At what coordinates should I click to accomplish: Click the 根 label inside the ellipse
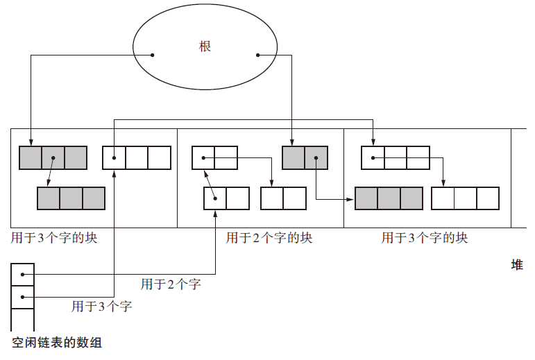tap(205, 47)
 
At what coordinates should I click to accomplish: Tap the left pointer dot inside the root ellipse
tap(152, 54)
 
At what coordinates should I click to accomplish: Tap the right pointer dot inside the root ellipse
tap(257, 54)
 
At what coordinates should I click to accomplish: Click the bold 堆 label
tap(516, 265)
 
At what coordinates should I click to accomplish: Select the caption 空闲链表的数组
tap(57, 342)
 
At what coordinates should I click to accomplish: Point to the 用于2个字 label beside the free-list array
tap(171, 284)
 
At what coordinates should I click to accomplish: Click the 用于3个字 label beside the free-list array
tap(102, 306)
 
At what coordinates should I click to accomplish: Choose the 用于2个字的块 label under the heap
tap(269, 238)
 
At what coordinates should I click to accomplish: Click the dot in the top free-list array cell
tap(22, 275)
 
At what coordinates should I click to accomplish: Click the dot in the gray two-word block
tap(316, 158)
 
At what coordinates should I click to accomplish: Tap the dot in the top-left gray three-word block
tap(53, 158)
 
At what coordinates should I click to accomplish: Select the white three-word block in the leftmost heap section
tap(137, 158)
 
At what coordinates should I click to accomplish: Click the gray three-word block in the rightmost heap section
tap(389, 198)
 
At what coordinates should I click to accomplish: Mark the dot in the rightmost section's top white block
tap(373, 158)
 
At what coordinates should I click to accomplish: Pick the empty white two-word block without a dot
tap(283, 198)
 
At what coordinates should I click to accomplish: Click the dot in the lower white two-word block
tap(215, 198)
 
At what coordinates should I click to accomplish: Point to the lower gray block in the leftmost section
tap(71, 198)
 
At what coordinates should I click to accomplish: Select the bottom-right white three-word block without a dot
tap(465, 198)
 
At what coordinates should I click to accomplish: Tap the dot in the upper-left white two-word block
tap(203, 158)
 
